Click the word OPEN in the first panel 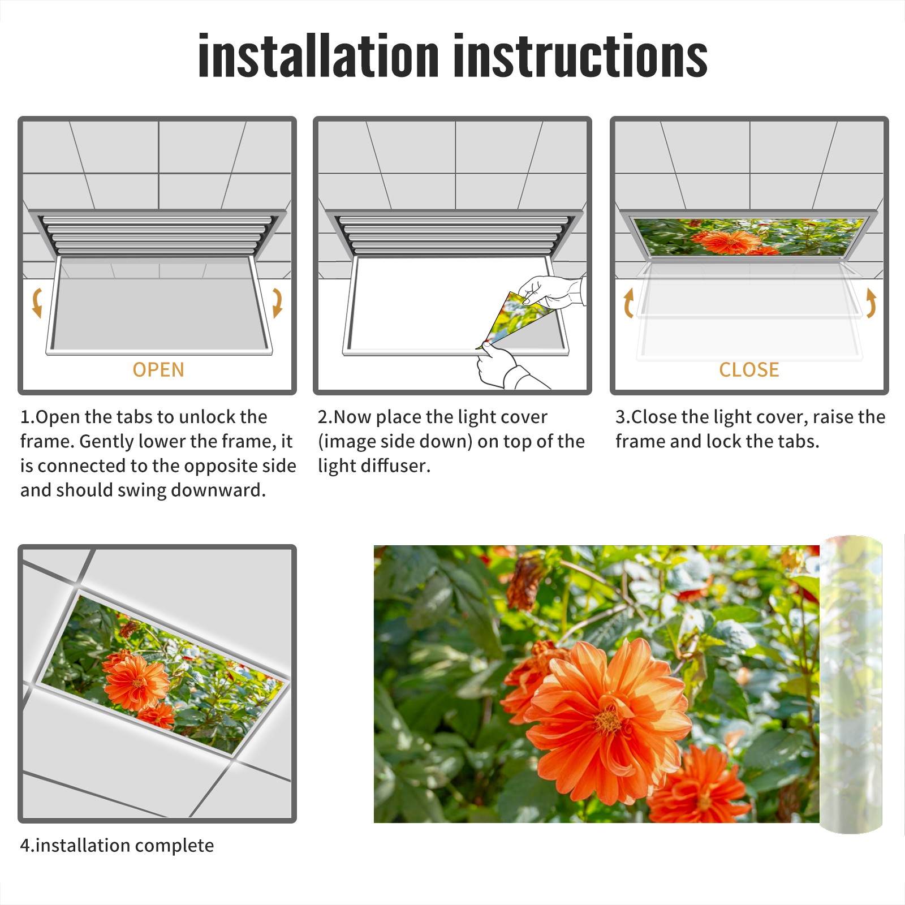158,370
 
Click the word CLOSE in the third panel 749,370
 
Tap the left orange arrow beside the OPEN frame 37,303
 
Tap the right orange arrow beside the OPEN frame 277,303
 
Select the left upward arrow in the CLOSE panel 628,303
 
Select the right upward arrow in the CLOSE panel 871,303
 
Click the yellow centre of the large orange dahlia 608,721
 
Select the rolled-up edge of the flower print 851,684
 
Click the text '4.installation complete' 117,846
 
